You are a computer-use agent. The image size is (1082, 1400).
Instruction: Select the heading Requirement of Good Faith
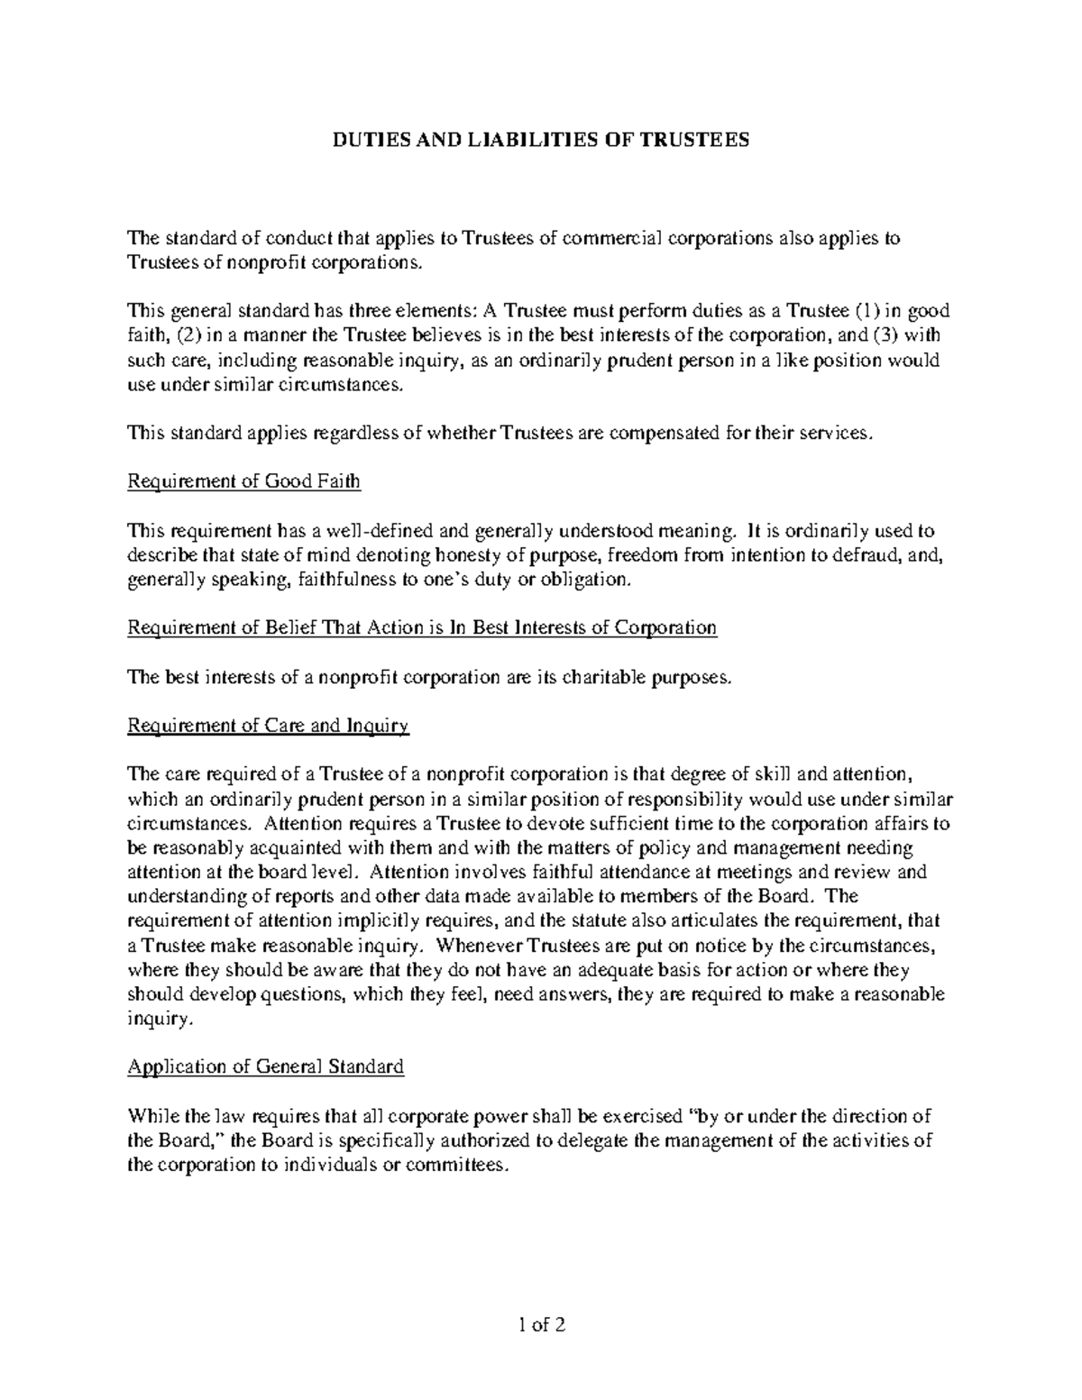[x=244, y=481]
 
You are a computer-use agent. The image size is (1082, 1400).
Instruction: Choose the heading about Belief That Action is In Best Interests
[x=422, y=628]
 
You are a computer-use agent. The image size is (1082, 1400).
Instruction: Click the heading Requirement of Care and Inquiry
[x=269, y=727]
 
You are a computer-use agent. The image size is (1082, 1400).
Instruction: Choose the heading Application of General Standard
[x=266, y=1067]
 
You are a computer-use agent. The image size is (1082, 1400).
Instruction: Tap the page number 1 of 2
[x=540, y=1325]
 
